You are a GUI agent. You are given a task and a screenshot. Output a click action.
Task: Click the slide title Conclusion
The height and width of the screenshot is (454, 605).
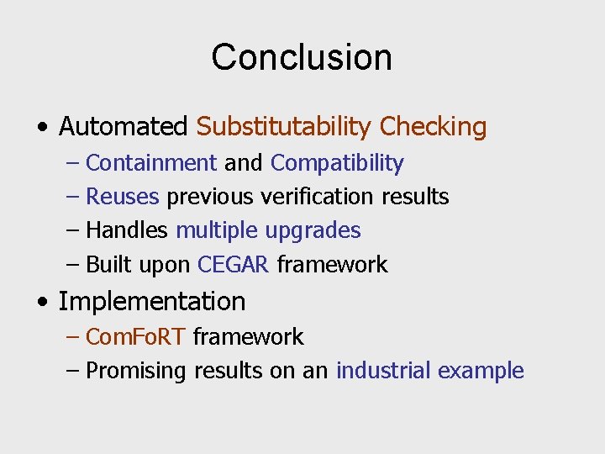coord(302,57)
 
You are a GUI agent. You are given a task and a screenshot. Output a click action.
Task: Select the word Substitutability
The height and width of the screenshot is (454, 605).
coord(284,127)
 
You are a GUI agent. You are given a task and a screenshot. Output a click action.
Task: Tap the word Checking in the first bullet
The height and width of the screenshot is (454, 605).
coord(433,127)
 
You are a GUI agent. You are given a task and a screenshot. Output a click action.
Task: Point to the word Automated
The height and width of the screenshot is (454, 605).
coord(124,127)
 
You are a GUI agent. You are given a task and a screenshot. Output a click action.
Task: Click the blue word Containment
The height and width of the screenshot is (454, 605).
coord(151,162)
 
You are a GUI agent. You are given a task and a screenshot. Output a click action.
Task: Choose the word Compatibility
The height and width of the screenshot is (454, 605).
coord(337,162)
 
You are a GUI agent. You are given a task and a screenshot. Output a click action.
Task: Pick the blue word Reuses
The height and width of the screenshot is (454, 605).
coord(123,197)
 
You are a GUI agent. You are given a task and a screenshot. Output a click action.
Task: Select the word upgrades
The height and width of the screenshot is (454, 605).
coord(313,230)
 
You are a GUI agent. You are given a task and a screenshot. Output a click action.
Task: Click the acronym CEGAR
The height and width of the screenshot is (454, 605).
coord(233,265)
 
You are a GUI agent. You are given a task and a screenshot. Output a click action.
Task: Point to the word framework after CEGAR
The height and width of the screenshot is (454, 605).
coord(332,265)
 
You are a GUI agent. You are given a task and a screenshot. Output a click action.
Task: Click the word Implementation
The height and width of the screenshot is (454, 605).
coord(152,301)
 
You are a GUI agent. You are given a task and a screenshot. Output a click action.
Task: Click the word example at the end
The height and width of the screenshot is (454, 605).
coord(481,372)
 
